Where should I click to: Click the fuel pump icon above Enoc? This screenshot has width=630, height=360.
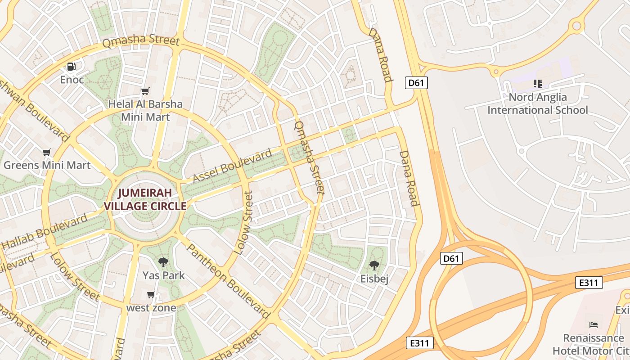tap(71, 67)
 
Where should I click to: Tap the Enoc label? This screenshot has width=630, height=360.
tap(72, 80)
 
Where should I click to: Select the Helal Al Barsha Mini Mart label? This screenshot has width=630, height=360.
tap(145, 111)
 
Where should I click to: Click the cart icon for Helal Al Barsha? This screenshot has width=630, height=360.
tap(145, 91)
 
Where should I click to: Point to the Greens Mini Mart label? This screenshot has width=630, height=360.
tap(47, 165)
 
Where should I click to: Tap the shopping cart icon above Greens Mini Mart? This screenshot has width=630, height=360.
tap(46, 152)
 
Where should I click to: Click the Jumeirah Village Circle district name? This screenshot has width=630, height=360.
tap(145, 200)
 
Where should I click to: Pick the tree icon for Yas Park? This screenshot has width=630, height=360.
tap(163, 262)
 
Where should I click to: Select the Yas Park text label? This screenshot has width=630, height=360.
tap(163, 275)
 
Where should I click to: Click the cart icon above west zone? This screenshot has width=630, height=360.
tap(151, 295)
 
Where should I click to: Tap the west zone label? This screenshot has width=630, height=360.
tap(151, 308)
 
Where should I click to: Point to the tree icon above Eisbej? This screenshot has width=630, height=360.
tap(374, 265)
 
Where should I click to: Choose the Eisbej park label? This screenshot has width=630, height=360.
tap(374, 279)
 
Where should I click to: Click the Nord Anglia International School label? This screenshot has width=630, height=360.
tap(537, 103)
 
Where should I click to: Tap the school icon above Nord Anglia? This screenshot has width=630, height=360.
tap(537, 83)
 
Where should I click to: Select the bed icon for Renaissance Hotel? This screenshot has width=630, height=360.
tap(594, 324)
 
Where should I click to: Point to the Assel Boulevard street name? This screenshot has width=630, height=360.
tap(232, 166)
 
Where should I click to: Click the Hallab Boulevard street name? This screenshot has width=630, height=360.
tap(45, 232)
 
